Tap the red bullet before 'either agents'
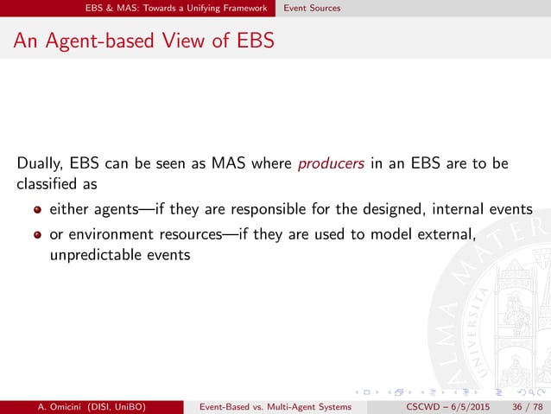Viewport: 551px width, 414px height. [x=38, y=209]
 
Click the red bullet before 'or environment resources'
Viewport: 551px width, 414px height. [x=38, y=234]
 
